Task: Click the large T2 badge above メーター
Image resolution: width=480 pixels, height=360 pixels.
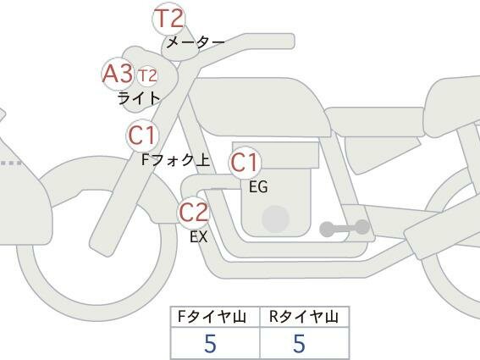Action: (x=169, y=19)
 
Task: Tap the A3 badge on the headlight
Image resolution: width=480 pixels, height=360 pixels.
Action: (x=119, y=74)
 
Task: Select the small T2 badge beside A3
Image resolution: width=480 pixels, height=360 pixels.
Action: (x=147, y=75)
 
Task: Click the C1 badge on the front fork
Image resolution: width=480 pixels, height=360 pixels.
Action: (x=143, y=136)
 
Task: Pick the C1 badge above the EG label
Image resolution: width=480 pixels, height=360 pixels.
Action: (x=245, y=163)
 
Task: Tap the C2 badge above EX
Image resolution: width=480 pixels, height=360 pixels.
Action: (x=194, y=213)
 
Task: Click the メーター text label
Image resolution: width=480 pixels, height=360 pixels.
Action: (x=196, y=42)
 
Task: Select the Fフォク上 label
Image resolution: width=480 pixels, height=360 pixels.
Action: (x=176, y=160)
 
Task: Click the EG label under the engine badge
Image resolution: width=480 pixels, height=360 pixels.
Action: (x=258, y=186)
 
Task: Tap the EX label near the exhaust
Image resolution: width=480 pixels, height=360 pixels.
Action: (x=199, y=237)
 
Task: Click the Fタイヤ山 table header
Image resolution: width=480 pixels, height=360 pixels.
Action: (x=212, y=317)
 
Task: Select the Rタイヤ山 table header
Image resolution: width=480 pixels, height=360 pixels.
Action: (x=304, y=317)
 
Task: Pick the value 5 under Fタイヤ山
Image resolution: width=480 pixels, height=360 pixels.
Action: (x=210, y=343)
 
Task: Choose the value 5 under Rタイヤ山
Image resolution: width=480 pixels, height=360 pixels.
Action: (x=300, y=343)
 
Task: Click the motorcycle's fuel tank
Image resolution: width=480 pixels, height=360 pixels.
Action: (x=259, y=106)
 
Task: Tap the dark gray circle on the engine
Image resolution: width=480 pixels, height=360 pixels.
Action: (x=275, y=219)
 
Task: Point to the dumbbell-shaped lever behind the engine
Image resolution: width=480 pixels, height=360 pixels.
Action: (x=345, y=228)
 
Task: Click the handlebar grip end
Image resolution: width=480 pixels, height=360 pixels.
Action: (x=287, y=41)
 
